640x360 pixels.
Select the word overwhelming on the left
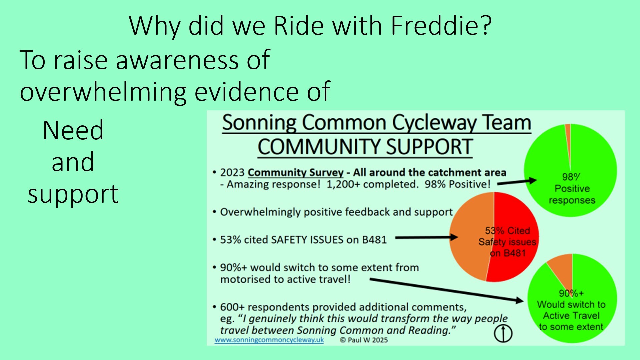[x=103, y=92]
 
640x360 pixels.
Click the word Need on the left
[x=73, y=130]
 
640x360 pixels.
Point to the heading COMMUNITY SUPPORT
[x=365, y=147]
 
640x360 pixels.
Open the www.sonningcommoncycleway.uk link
[x=269, y=340]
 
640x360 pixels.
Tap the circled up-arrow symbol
[x=503, y=334]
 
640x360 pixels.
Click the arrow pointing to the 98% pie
[x=517, y=182]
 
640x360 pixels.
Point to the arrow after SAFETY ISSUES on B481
[x=427, y=238]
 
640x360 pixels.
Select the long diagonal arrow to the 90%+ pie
[x=447, y=290]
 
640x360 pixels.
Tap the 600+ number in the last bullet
[x=232, y=307]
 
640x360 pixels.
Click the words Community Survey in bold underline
[x=295, y=173]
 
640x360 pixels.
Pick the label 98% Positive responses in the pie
[x=572, y=189]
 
